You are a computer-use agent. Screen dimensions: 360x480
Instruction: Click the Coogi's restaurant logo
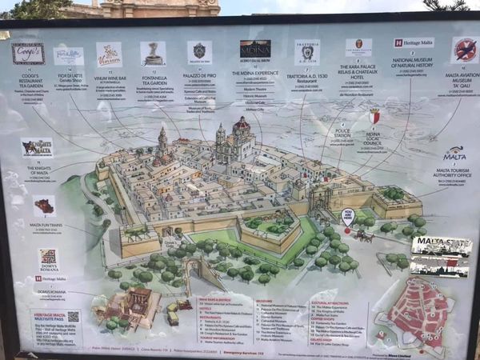[28, 54]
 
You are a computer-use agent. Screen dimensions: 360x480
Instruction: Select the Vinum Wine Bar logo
[109, 54]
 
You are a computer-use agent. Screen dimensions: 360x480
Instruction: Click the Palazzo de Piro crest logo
[199, 52]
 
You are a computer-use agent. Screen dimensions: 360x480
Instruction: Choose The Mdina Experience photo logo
[255, 50]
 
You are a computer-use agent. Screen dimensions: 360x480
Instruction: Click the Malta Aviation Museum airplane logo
[465, 50]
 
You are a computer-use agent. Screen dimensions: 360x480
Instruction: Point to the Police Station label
[342, 133]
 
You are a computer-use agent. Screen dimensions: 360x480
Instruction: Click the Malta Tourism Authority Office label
[454, 167]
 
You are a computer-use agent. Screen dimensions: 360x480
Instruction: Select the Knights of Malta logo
[37, 148]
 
